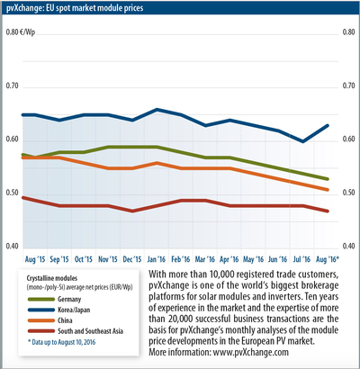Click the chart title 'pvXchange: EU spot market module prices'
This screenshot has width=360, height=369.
75,8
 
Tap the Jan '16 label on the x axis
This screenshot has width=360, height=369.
157,259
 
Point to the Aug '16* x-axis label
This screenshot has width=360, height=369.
328,259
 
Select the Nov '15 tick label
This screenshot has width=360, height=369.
108,259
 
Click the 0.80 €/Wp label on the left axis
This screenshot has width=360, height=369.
21,32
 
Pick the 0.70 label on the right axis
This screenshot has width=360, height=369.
348,85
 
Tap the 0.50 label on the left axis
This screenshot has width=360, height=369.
13,193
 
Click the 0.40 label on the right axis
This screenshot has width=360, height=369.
348,247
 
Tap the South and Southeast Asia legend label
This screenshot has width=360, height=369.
90,331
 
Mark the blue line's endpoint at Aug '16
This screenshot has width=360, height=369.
328,125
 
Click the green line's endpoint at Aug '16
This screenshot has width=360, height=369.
328,179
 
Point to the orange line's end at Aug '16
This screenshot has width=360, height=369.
328,190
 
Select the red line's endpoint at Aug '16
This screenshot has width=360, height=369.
328,211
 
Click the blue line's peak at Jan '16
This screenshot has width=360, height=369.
157,110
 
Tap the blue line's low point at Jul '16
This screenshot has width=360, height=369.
303,141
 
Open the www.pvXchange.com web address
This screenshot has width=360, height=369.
251,352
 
